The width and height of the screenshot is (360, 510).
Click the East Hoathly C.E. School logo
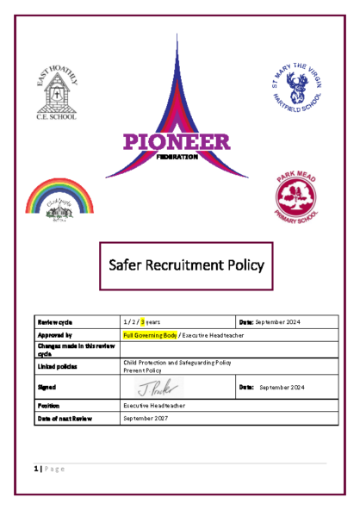click(56, 92)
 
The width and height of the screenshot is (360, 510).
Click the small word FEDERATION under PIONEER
click(179, 158)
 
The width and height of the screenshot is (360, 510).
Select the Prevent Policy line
click(143, 370)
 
